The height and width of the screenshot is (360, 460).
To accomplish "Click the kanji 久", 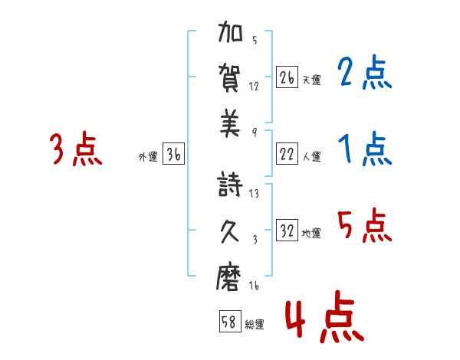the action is pyautogui.click(x=232, y=231).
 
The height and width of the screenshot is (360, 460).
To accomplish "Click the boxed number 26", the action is pyautogui.click(x=287, y=77).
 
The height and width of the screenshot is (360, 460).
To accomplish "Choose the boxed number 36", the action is pyautogui.click(x=173, y=155).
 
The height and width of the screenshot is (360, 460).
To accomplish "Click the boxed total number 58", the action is pyautogui.click(x=229, y=322).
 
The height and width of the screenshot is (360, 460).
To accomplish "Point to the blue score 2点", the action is pyautogui.click(x=364, y=74).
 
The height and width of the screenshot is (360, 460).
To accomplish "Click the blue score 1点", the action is pyautogui.click(x=364, y=149).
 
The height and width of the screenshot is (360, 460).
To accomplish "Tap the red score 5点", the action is pyautogui.click(x=364, y=226).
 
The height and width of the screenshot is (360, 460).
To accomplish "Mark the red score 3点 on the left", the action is pyautogui.click(x=76, y=149).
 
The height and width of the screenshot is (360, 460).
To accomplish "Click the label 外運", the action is pyautogui.click(x=148, y=157).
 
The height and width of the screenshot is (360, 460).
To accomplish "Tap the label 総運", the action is pyautogui.click(x=254, y=325).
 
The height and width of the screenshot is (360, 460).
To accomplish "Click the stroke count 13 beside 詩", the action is pyautogui.click(x=254, y=194).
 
